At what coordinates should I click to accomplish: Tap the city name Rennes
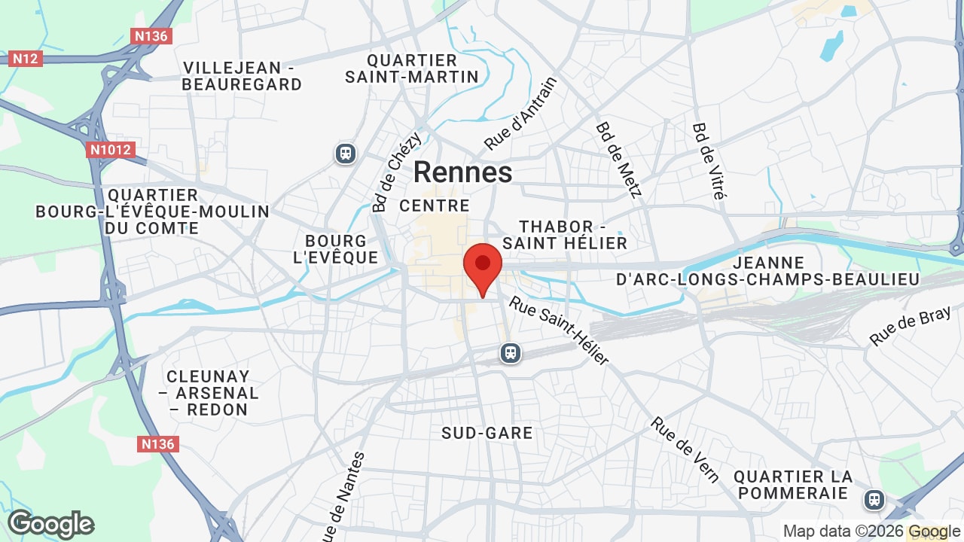coord(462,172)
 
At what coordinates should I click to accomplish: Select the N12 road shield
coord(25,58)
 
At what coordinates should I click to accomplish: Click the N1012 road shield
coord(110,150)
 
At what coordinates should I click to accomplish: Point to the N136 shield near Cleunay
coord(158,444)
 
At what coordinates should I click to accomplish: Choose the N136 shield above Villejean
coord(151,35)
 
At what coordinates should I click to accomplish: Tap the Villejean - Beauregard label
coord(242,76)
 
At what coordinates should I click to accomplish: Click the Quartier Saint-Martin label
coord(412,69)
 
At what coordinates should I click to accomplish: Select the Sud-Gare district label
coord(487,433)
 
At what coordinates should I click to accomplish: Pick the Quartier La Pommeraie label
coord(794,485)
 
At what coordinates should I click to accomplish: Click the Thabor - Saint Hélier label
coord(565,235)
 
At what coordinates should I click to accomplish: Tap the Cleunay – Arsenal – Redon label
coord(208,393)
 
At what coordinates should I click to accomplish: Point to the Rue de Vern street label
coord(685,449)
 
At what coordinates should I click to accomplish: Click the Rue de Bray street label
coord(910,327)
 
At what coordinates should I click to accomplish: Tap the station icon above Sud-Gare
coord(511,353)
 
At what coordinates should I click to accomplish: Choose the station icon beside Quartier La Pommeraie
coord(874,498)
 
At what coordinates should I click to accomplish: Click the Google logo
coord(50,525)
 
